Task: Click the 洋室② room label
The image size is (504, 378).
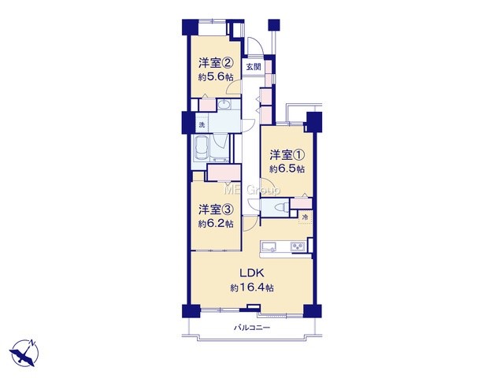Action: coord(215,63)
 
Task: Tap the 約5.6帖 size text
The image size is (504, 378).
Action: coord(215,77)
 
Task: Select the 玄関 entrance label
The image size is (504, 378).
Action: coord(254,67)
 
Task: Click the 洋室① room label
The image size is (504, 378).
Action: coord(287,155)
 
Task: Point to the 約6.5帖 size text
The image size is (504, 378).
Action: coord(287,169)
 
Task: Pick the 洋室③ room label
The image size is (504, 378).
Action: coord(215,209)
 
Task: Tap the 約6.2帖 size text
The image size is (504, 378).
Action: coord(215,224)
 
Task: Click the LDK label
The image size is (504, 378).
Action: coord(252,273)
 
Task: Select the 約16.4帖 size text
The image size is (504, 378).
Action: coord(252,287)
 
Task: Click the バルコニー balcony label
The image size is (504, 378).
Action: coord(252,328)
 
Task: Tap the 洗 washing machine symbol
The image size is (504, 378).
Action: coord(202,124)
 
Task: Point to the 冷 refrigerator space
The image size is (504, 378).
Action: coord(306,217)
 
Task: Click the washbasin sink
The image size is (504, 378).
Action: coord(224,104)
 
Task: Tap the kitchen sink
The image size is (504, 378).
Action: coord(269,247)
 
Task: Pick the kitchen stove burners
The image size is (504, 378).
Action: coord(298,246)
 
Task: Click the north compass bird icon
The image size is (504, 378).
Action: coord(24,354)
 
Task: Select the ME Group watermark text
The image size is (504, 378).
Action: coord(252,190)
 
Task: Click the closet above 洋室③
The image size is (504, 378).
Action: coord(224,172)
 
